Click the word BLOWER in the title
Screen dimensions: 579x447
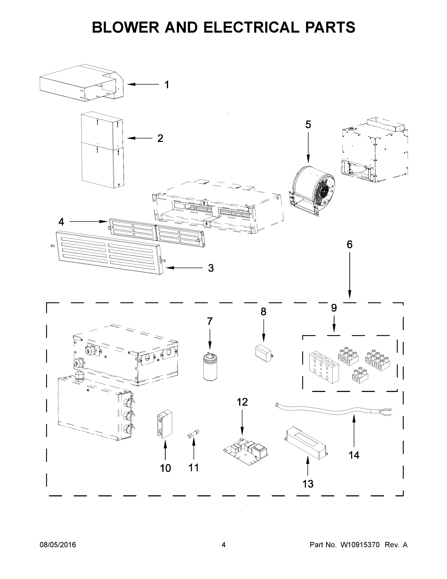coord(126,27)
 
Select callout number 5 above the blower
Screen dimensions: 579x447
coord(308,124)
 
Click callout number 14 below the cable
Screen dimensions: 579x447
coord(354,455)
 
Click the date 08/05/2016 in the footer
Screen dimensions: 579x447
coord(58,545)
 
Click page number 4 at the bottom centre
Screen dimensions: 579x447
coord(224,545)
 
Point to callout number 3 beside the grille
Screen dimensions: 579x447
coord(211,268)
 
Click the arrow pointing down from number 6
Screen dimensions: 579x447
coord(350,276)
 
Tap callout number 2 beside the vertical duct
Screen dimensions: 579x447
coord(160,138)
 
